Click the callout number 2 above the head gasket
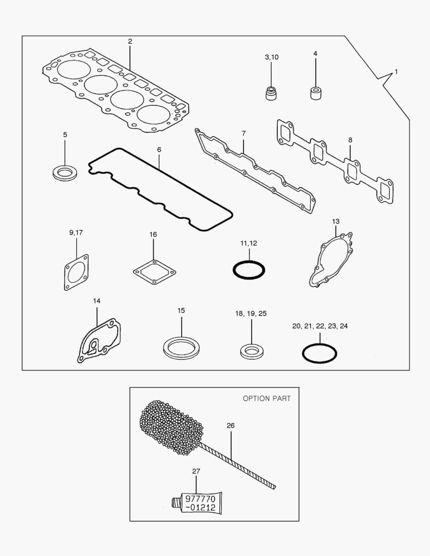pyautogui.click(x=130, y=41)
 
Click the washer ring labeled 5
pyautogui.click(x=65, y=172)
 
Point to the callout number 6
pyautogui.click(x=159, y=149)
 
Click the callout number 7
pyautogui.click(x=244, y=134)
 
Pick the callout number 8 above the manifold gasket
pyautogui.click(x=350, y=140)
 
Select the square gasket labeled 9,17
pyautogui.click(x=76, y=272)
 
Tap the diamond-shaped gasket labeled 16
pyautogui.click(x=153, y=272)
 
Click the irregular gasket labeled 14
pyautogui.click(x=99, y=340)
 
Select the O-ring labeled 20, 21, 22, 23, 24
pyautogui.click(x=319, y=353)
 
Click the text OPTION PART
pyautogui.click(x=267, y=398)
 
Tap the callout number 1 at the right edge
pyautogui.click(x=396, y=72)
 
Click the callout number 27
pyautogui.click(x=196, y=471)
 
